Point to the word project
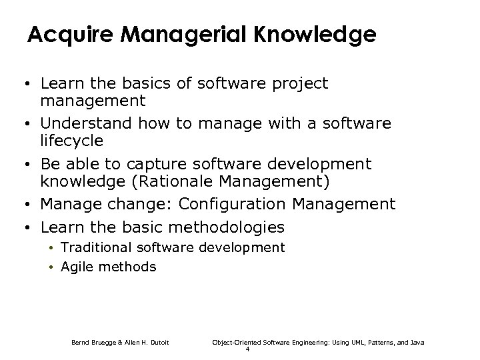pos(301,84)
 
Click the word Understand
pos(87,123)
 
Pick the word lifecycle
pos(72,141)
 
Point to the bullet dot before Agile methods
pos(51,268)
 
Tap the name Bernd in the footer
pos(81,342)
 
